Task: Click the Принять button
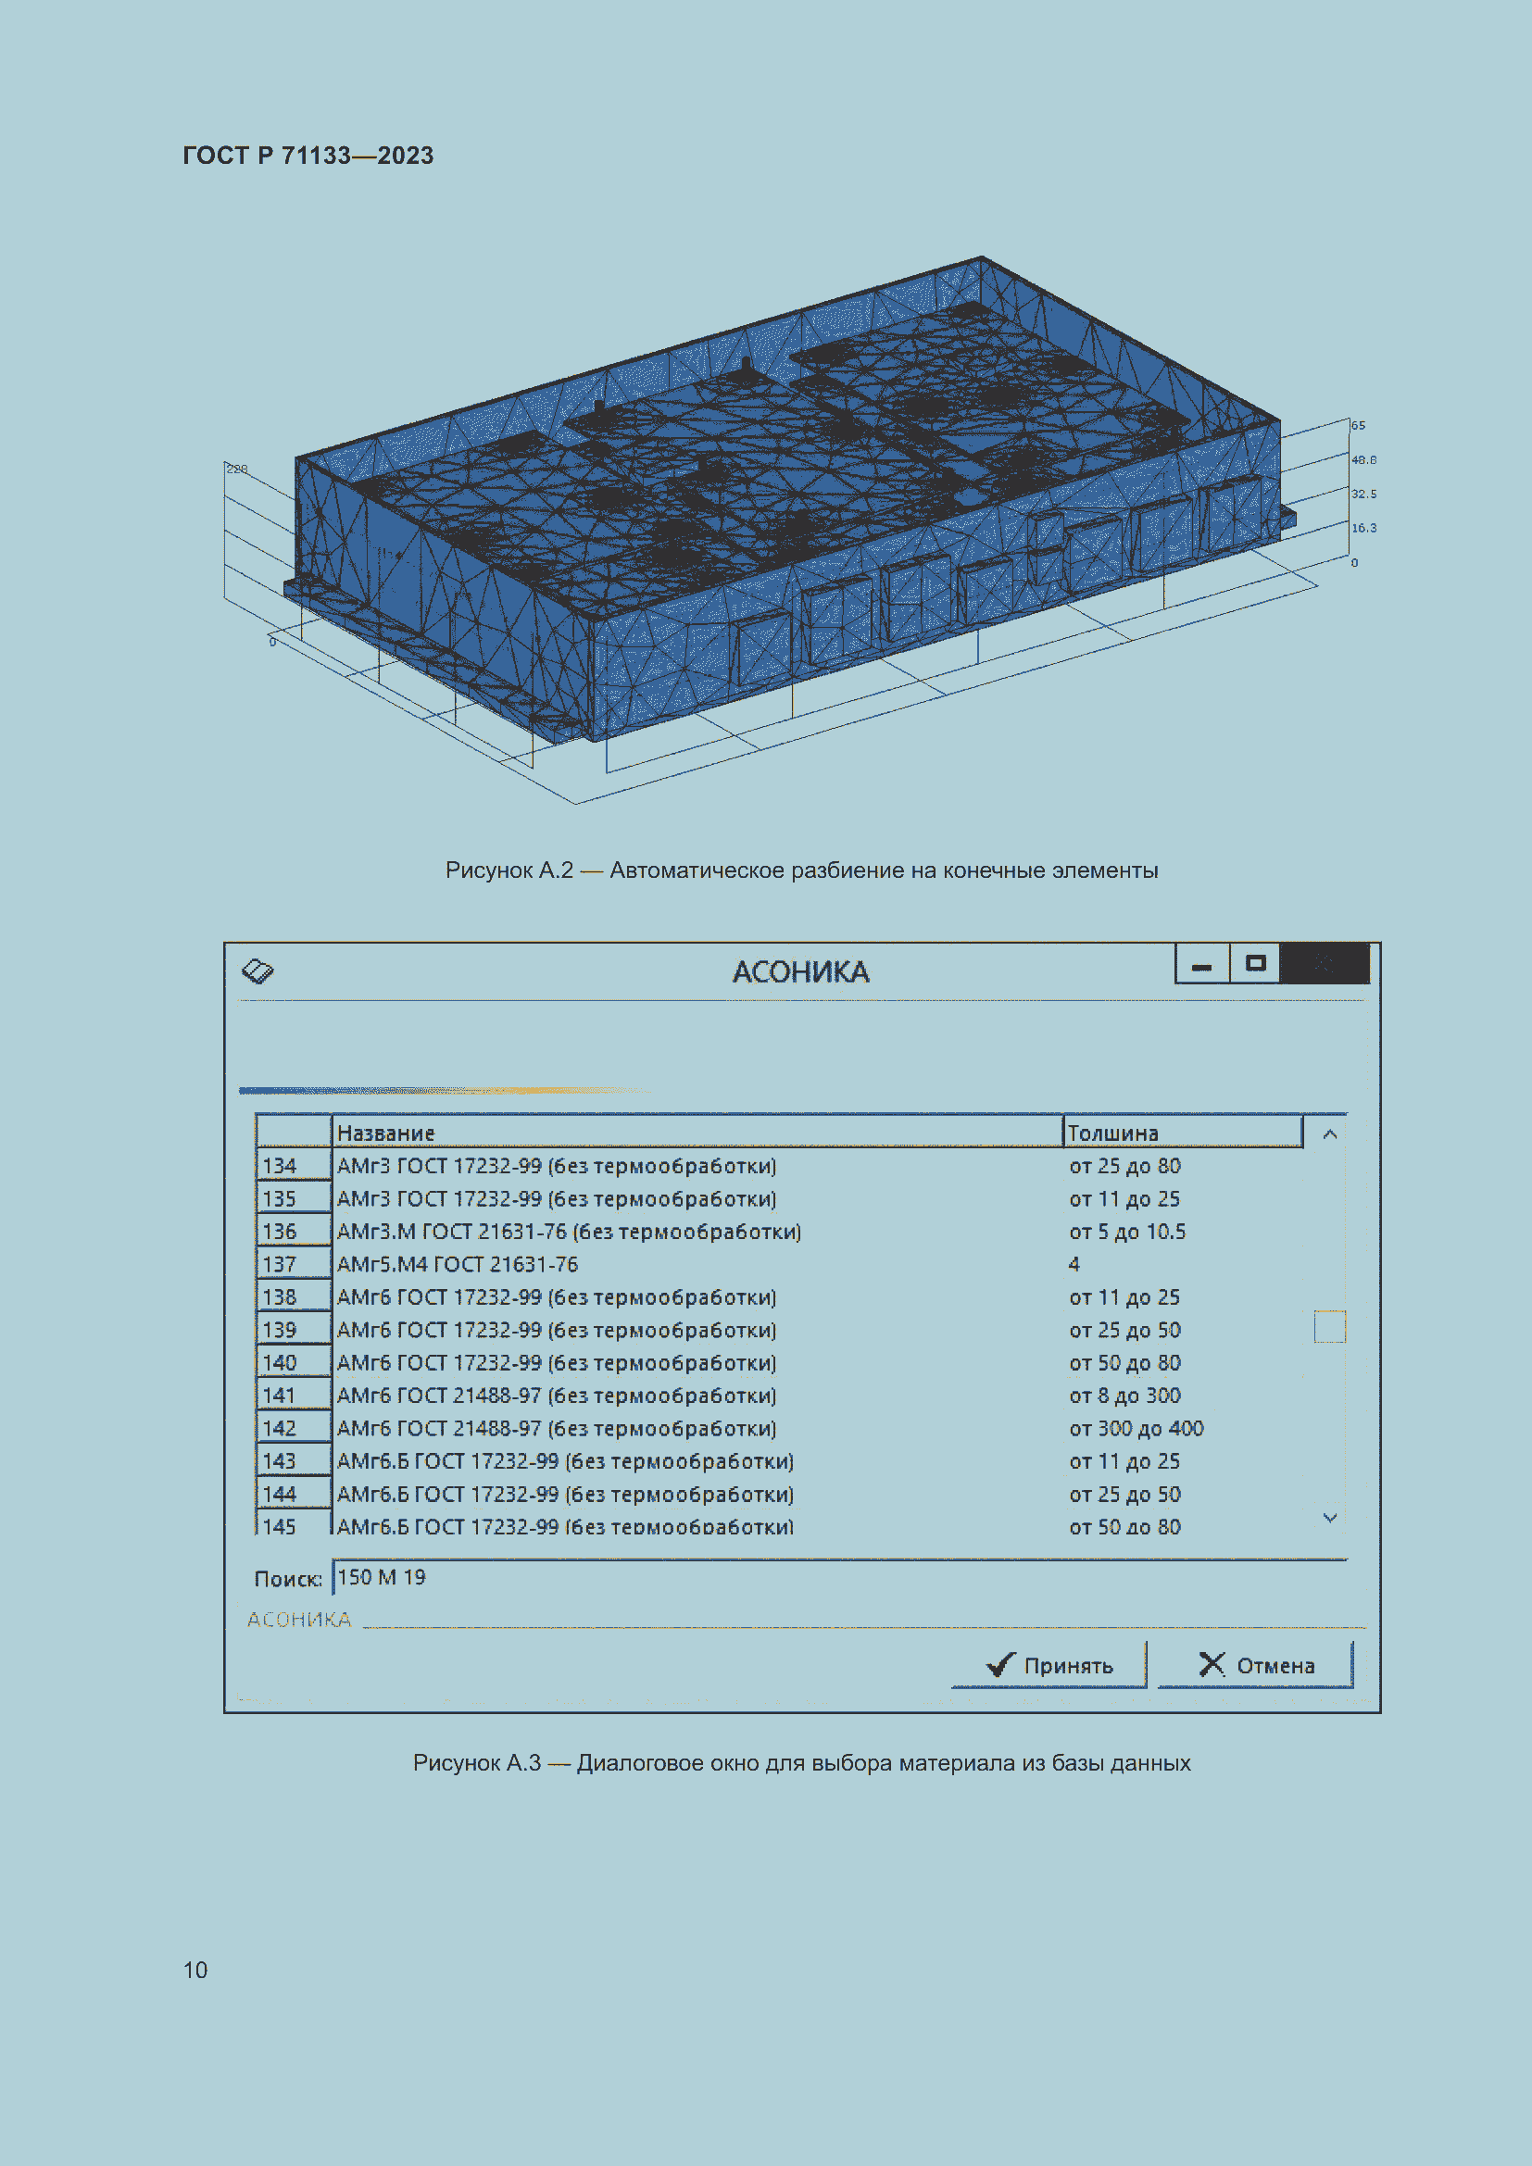click(1049, 1665)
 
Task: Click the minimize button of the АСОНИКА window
click(1202, 964)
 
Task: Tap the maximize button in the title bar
click(1255, 964)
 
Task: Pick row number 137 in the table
click(279, 1264)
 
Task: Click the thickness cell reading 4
click(1074, 1264)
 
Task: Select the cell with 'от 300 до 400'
click(1136, 1428)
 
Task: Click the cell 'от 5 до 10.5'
click(1126, 1231)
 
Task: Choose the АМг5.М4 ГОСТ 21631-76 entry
click(458, 1264)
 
